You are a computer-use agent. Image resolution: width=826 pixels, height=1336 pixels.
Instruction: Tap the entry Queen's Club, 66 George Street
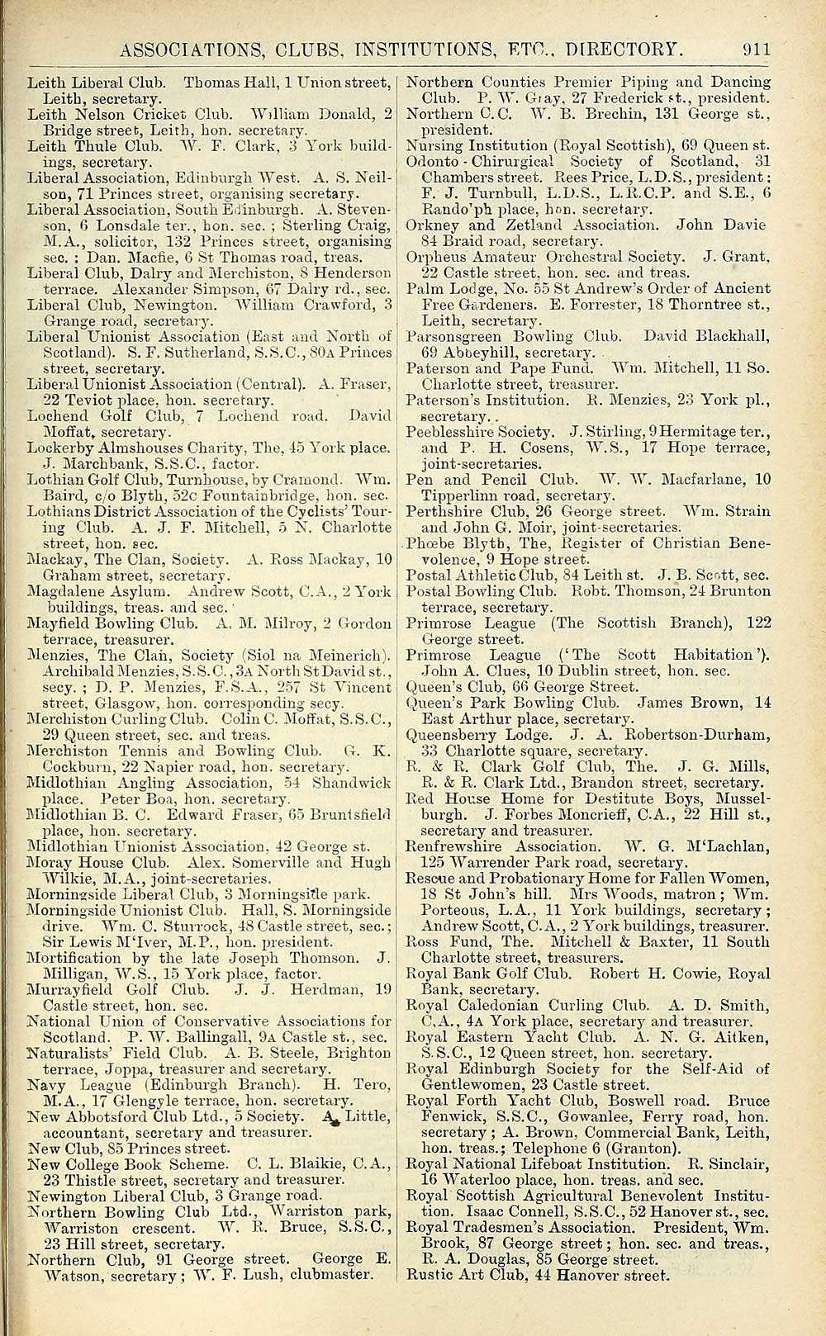[522, 687]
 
